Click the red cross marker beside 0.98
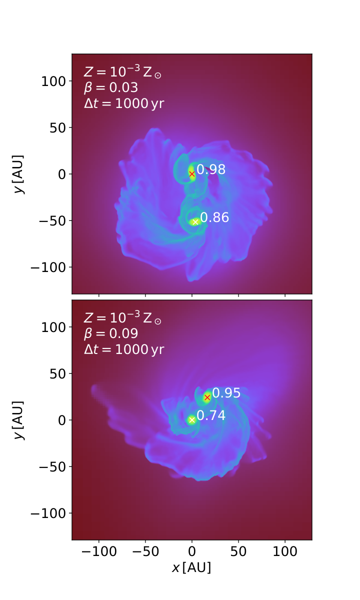pos(192,174)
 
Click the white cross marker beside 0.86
pos(195,222)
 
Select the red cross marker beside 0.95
pos(207,397)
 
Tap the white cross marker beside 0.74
pos(192,419)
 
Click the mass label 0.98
pos(211,169)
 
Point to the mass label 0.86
pos(214,217)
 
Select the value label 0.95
pos(226,392)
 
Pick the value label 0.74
pos(211,415)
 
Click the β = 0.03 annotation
pos(111,87)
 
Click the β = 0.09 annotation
pos(111,333)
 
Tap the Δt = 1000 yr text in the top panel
pos(124,103)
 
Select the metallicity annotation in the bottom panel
pos(122,317)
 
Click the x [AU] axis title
pos(191,567)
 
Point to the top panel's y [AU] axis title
pos(19,174)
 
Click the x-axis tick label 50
pos(238,551)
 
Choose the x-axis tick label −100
pos(99,551)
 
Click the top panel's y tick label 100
pos(53,81)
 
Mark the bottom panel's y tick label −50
pos(52,467)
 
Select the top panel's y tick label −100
pos(48,267)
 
